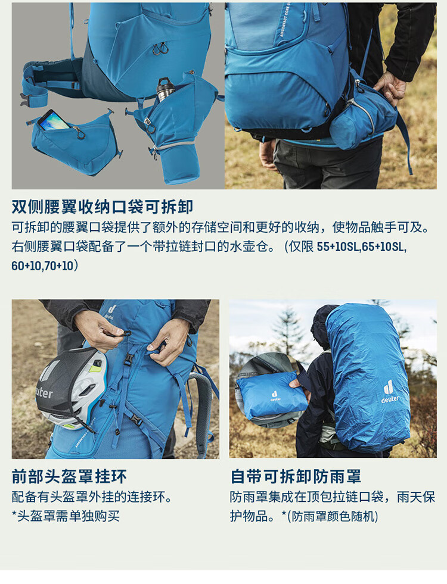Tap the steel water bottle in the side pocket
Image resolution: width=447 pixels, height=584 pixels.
click(164, 89)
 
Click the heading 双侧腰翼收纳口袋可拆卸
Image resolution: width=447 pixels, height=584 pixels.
click(102, 207)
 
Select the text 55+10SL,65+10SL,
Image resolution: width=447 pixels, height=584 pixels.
click(362, 246)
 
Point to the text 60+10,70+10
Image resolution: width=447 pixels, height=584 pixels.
click(42, 266)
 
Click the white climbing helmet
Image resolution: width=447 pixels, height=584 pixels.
click(72, 389)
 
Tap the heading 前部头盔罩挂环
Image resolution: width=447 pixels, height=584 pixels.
click(69, 476)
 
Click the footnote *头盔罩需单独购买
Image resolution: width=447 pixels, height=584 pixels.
click(66, 516)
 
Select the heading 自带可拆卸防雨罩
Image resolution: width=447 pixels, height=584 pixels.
click(296, 476)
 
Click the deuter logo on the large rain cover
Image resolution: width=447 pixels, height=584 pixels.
click(389, 392)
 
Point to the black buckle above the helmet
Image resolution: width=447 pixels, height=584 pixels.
click(128, 360)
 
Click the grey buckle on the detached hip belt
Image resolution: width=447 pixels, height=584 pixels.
click(24, 100)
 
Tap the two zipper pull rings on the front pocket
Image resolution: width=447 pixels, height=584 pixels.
click(160, 48)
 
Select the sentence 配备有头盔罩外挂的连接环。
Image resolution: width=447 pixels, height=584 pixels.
click(92, 497)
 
